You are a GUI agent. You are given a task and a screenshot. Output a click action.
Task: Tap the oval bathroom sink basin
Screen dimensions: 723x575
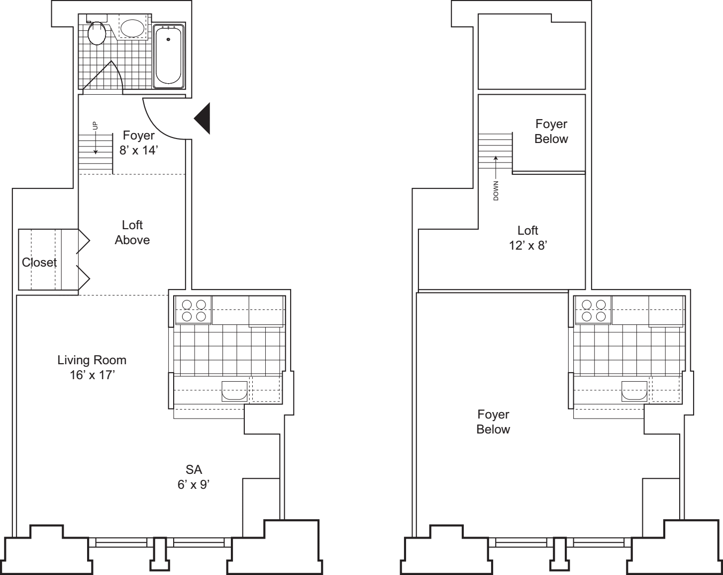pyautogui.click(x=133, y=28)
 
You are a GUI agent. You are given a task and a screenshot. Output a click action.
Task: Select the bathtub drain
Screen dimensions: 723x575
pyautogui.click(x=168, y=39)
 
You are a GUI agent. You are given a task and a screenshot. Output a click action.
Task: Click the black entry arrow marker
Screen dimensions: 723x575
pyautogui.click(x=202, y=119)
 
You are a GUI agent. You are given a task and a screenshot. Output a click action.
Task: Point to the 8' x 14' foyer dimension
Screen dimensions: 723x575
pyautogui.click(x=139, y=150)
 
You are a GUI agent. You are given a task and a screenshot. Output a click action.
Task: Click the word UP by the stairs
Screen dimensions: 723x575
pyautogui.click(x=95, y=126)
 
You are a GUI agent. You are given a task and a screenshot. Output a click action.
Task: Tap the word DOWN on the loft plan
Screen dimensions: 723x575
pyautogui.click(x=496, y=191)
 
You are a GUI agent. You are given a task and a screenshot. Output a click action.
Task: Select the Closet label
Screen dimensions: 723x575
pyautogui.click(x=39, y=263)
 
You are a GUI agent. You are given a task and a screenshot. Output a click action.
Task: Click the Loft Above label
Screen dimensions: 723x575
pyautogui.click(x=132, y=233)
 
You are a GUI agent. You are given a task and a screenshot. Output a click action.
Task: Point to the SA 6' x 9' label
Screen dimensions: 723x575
pyautogui.click(x=194, y=477)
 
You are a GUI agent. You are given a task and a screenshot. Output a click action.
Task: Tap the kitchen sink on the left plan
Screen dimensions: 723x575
pyautogui.click(x=234, y=391)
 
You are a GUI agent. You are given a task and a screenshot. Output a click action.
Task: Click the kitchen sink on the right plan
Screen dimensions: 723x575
pyautogui.click(x=634, y=391)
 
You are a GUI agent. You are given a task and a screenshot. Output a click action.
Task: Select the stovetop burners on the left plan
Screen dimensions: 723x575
pyautogui.click(x=194, y=310)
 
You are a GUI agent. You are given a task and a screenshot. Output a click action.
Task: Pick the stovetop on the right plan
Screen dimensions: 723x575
pyautogui.click(x=594, y=310)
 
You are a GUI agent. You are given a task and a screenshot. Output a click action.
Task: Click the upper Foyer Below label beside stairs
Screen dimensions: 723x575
pyautogui.click(x=551, y=131)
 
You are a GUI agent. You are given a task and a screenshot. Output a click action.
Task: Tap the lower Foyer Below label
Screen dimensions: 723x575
pyautogui.click(x=493, y=422)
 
